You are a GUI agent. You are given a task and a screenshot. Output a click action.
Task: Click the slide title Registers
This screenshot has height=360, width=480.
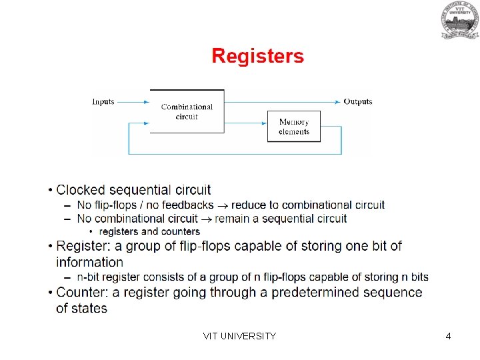257,56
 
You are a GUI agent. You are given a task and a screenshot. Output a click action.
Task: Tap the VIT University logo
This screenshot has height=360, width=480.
459,20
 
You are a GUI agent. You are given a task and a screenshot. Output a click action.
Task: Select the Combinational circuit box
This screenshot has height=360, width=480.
187,111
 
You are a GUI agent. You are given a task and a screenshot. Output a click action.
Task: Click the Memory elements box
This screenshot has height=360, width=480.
293,127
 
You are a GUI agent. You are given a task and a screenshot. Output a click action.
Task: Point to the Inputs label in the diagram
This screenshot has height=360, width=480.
103,102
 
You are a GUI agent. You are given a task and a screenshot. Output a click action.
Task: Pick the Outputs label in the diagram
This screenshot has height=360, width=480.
358,102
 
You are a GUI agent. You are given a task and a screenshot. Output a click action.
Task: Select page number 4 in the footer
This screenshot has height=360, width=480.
449,336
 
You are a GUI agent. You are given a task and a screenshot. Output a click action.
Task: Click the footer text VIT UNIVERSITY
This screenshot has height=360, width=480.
239,336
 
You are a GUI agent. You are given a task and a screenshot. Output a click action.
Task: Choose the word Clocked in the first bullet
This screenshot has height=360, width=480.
81,190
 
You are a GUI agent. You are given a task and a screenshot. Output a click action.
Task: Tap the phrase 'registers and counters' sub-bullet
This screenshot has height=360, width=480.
149,231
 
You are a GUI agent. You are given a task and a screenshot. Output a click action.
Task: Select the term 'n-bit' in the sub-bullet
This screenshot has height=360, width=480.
89,277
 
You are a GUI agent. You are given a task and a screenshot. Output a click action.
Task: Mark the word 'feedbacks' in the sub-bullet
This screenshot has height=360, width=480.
187,205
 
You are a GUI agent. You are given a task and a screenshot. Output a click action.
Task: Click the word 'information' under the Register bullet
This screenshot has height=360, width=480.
90,262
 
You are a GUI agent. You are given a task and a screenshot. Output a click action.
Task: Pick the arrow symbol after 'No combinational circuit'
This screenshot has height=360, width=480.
207,219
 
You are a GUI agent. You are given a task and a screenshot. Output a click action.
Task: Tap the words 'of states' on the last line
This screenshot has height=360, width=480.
82,308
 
